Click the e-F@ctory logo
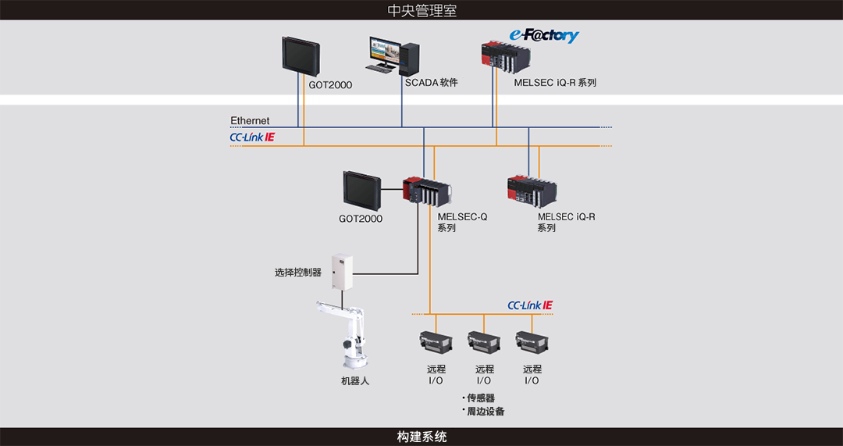(544, 34)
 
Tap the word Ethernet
(250, 121)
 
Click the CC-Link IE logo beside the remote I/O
(530, 305)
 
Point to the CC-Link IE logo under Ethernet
(252, 137)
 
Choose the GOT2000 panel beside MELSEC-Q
(361, 191)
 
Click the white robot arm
(347, 334)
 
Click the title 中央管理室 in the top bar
(421, 10)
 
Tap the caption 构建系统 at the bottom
(421, 437)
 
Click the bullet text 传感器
(481, 398)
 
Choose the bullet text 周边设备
(486, 412)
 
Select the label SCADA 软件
(431, 82)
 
